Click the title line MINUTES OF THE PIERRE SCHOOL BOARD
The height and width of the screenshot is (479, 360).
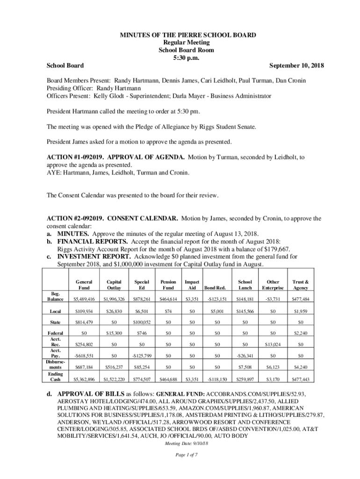pyautogui.click(x=180, y=36)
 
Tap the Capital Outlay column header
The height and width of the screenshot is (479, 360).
pyautogui.click(x=114, y=285)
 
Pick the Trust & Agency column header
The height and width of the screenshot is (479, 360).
pyautogui.click(x=300, y=285)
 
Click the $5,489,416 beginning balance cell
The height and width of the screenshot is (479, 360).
pyautogui.click(x=84, y=299)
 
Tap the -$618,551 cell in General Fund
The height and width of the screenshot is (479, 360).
pyautogui.click(x=84, y=356)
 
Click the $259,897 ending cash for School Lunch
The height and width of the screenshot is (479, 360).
pyautogui.click(x=245, y=379)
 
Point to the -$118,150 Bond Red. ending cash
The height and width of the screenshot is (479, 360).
pyautogui.click(x=216, y=379)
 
